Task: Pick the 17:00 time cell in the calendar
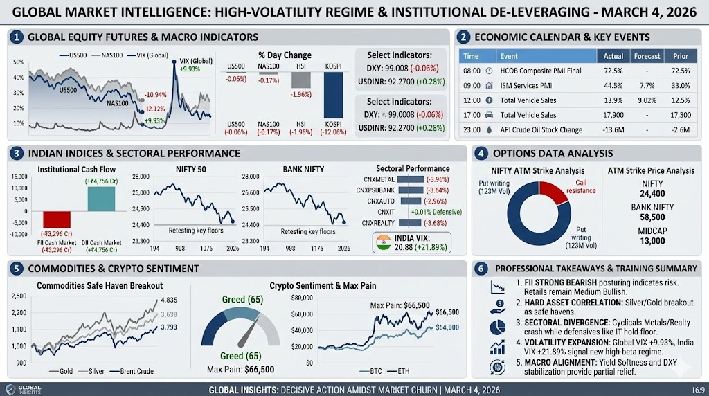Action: pos(471,115)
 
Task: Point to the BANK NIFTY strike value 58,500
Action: pos(652,216)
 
